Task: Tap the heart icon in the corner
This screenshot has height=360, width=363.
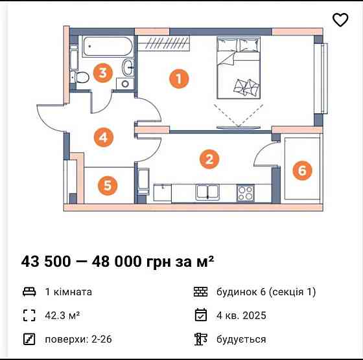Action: [x=340, y=20]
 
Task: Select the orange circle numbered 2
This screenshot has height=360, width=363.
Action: [x=208, y=159]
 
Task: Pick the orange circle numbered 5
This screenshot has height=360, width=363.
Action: [x=108, y=186]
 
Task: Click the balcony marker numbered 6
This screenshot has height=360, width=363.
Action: [x=301, y=170]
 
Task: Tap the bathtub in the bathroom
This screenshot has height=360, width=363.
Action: [x=107, y=47]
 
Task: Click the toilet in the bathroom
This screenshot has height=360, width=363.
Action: [x=82, y=76]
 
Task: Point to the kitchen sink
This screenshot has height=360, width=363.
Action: [x=208, y=192]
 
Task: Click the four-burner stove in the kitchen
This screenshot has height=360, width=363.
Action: [x=246, y=192]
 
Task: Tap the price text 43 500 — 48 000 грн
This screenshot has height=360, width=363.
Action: [x=117, y=262]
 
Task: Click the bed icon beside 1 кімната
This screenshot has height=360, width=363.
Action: [x=29, y=292]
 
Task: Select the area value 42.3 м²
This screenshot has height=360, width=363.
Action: [x=62, y=315]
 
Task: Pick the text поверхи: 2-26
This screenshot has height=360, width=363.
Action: [x=73, y=339]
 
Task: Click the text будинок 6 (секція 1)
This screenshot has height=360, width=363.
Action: [x=266, y=292]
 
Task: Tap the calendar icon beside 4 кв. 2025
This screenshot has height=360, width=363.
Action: [x=200, y=315]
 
